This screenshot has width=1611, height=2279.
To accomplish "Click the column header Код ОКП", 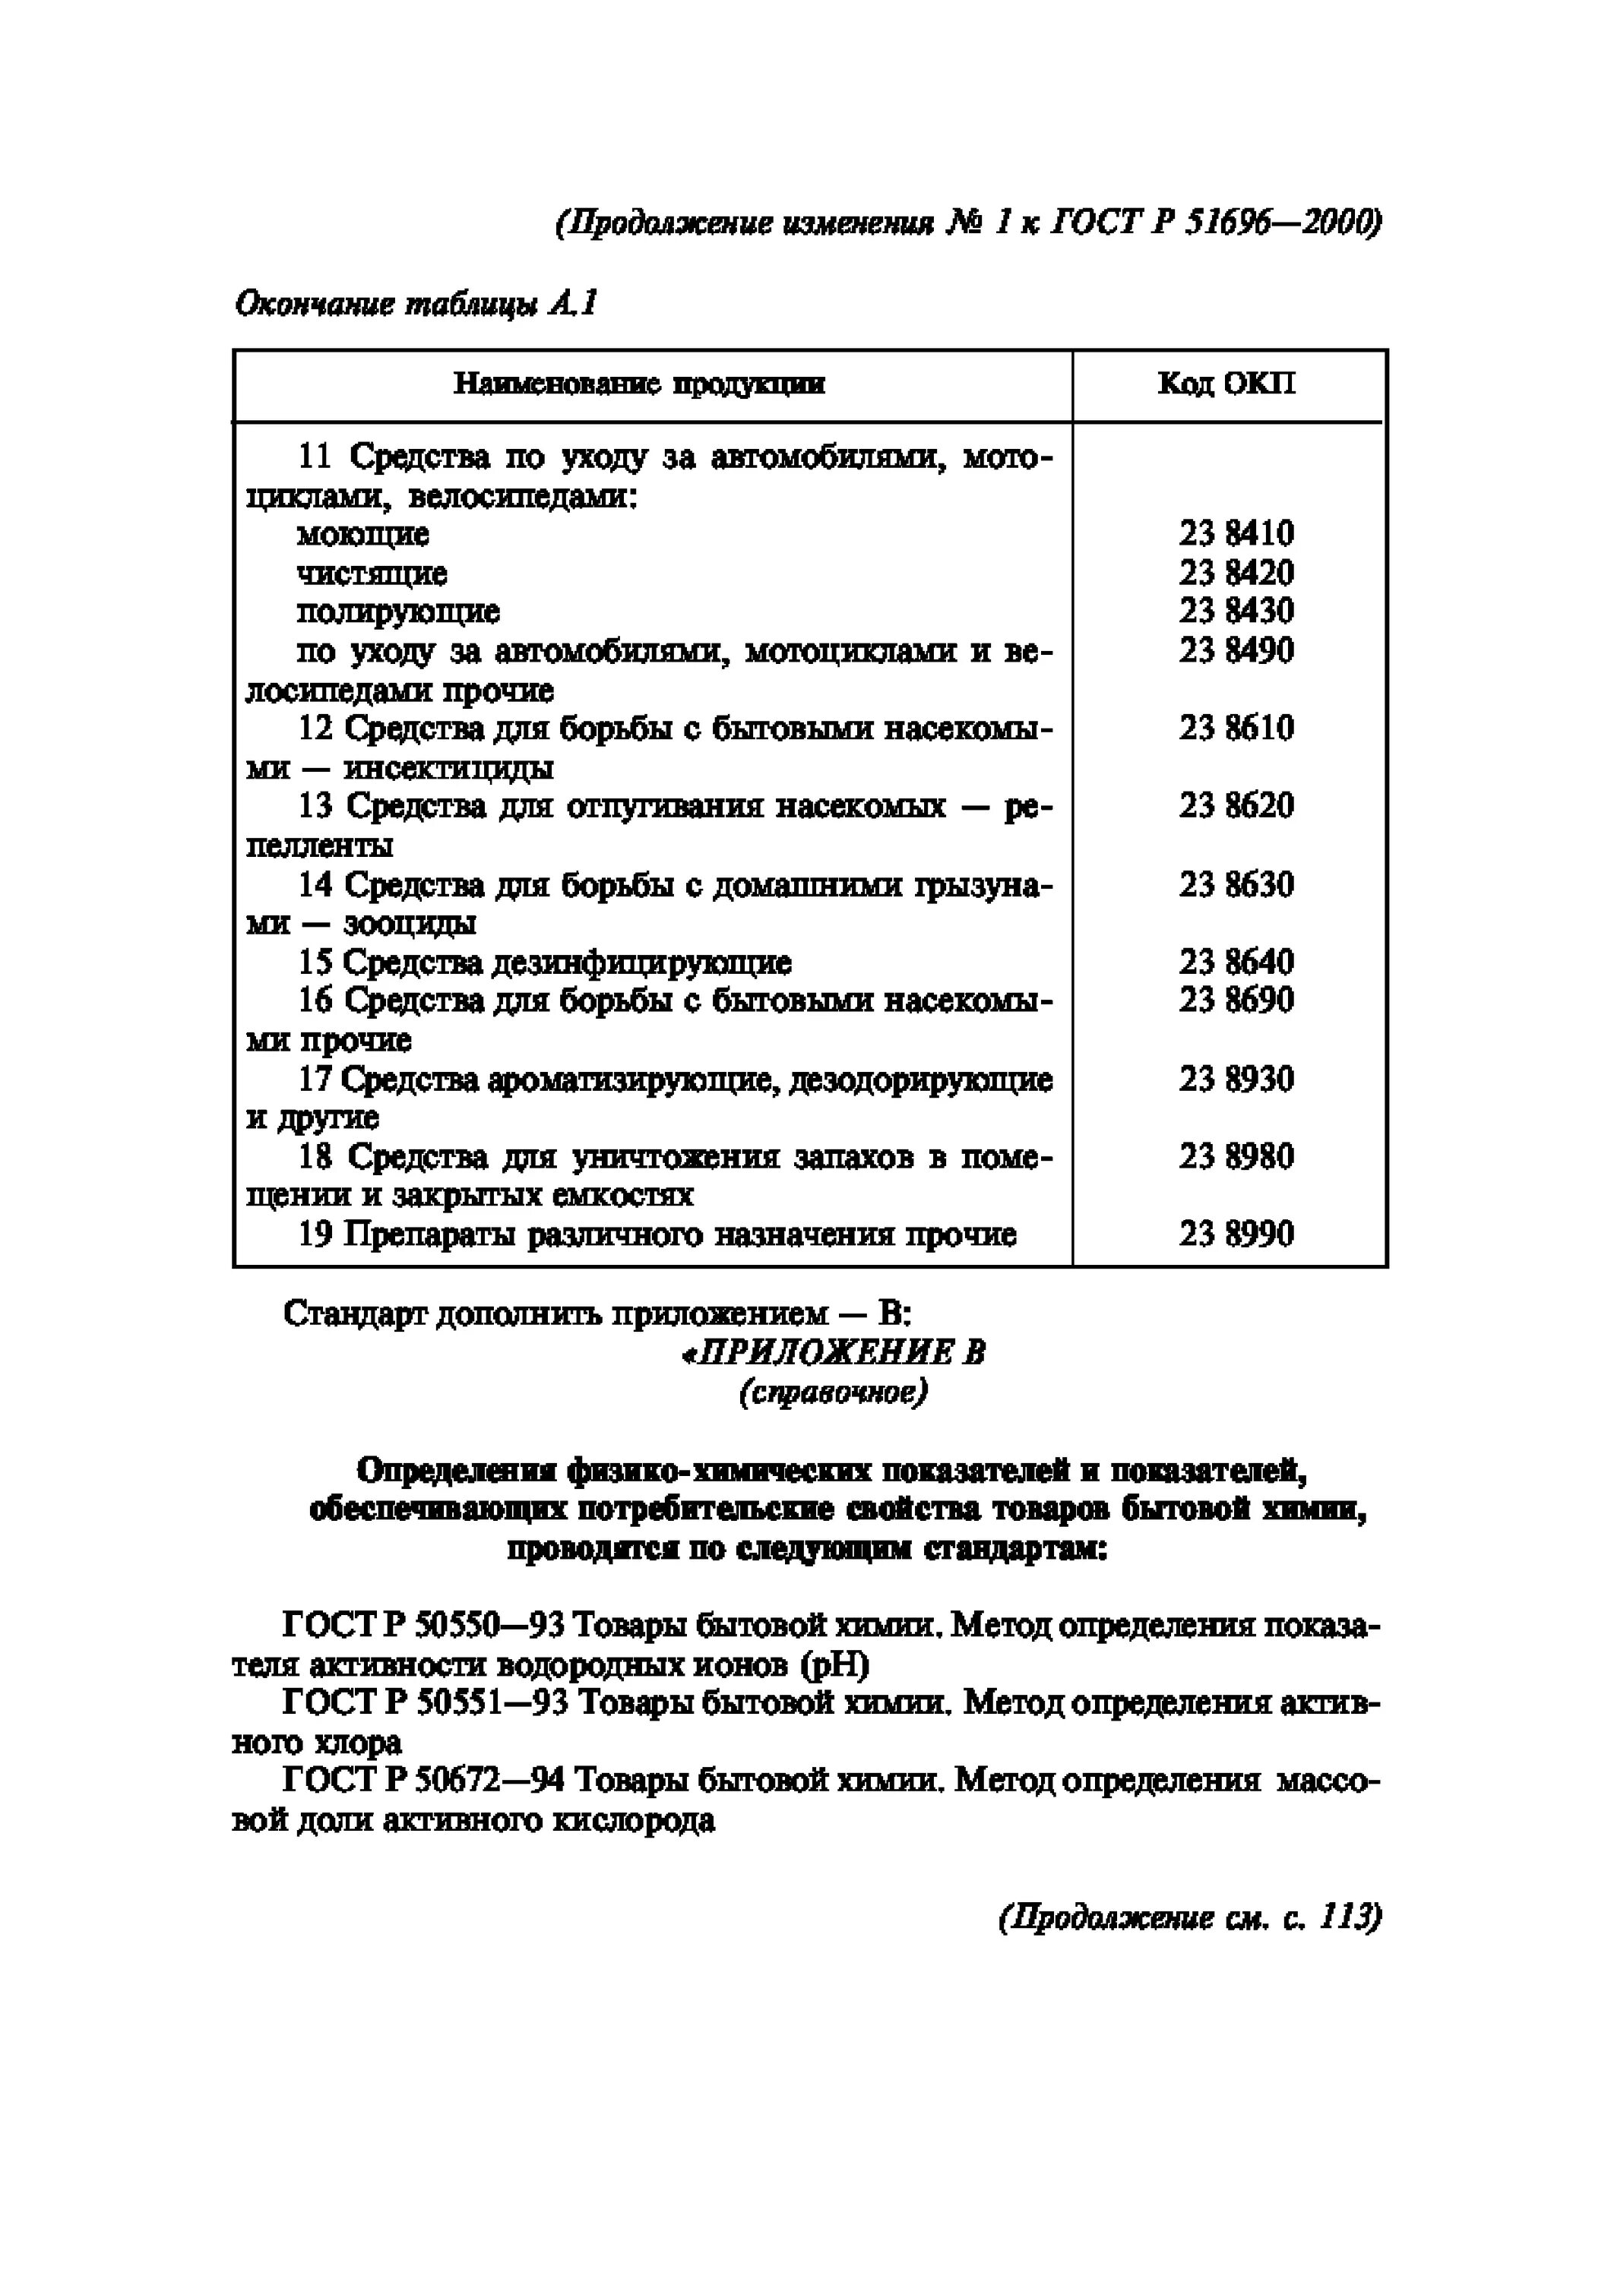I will (x=1226, y=384).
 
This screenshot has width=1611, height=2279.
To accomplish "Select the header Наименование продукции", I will (x=639, y=384).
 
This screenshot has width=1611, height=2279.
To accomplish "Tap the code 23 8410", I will (x=1236, y=534).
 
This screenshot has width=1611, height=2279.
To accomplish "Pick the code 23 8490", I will (x=1236, y=650).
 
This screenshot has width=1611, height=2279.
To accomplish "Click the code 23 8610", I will (x=1236, y=728).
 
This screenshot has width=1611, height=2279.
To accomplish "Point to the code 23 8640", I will (x=1236, y=961).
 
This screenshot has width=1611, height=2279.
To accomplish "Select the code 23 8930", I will (x=1236, y=1078).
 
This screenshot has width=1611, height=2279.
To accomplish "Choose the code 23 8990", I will (x=1236, y=1234).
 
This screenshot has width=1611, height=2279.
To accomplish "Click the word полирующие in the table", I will (x=397, y=612).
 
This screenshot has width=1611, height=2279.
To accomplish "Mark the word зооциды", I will (x=409, y=923).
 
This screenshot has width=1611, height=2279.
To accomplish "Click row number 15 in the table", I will (x=315, y=962).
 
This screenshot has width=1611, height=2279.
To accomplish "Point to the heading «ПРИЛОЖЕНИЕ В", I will (x=833, y=1353).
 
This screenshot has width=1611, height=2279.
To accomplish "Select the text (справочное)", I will (x=833, y=1392).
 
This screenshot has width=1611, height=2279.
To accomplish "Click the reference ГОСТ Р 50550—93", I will (x=424, y=1625).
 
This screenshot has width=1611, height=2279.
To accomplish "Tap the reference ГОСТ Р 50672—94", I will (x=424, y=1781).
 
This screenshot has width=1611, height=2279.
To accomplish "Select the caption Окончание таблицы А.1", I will (x=416, y=304).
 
